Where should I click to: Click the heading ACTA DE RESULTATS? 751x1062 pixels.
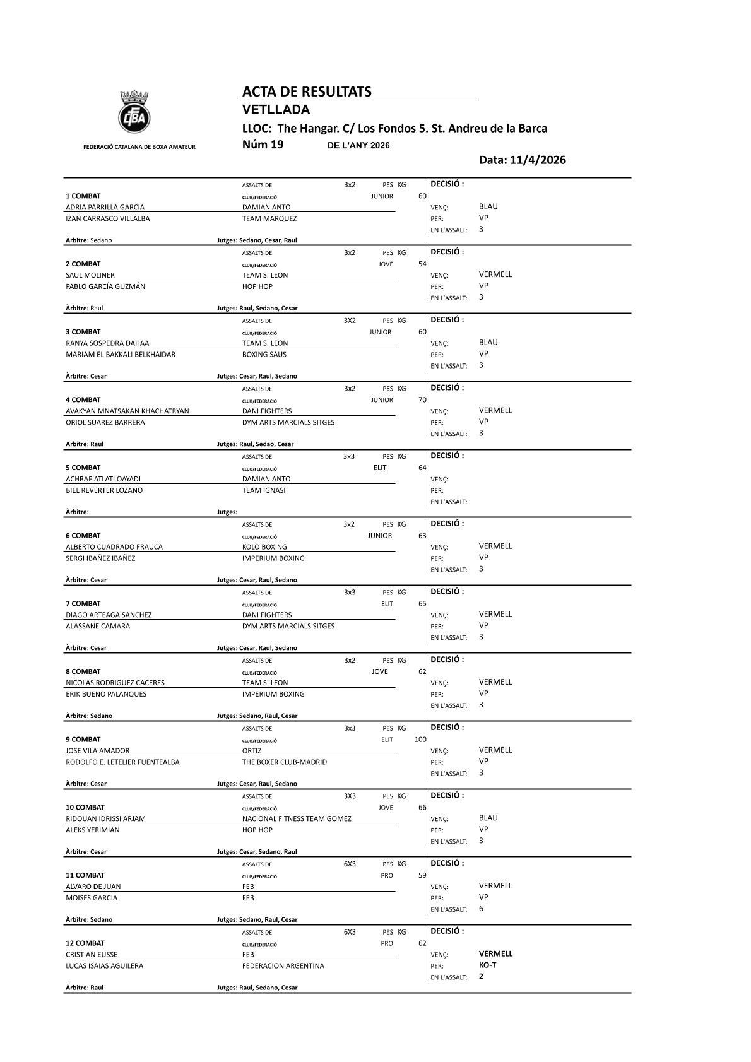coord(307,92)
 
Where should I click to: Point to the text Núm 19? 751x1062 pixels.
coord(263,145)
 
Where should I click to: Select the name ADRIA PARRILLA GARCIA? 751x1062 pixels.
coord(105,207)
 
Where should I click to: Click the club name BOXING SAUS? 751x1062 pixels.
coord(264,355)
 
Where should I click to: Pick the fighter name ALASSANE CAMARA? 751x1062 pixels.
coord(98,627)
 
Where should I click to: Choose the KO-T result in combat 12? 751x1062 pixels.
coord(487,965)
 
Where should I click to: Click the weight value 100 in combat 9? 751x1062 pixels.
coord(420,740)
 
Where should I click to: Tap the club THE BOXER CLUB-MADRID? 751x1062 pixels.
coord(284,762)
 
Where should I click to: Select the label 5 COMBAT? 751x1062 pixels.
coord(83,468)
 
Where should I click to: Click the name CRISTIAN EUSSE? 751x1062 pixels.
coord(92,955)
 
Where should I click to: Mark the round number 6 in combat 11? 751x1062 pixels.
coord(481,909)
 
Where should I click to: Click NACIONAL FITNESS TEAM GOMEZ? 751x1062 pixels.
coord(297,819)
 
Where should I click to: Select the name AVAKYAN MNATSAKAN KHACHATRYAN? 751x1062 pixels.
coord(127,411)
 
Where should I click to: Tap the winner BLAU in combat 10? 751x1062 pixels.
coord(488,818)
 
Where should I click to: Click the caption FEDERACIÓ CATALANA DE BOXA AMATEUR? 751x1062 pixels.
coord(139,147)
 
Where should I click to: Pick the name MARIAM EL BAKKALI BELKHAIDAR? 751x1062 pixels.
coord(121,355)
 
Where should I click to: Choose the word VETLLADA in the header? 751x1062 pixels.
coord(276,110)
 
